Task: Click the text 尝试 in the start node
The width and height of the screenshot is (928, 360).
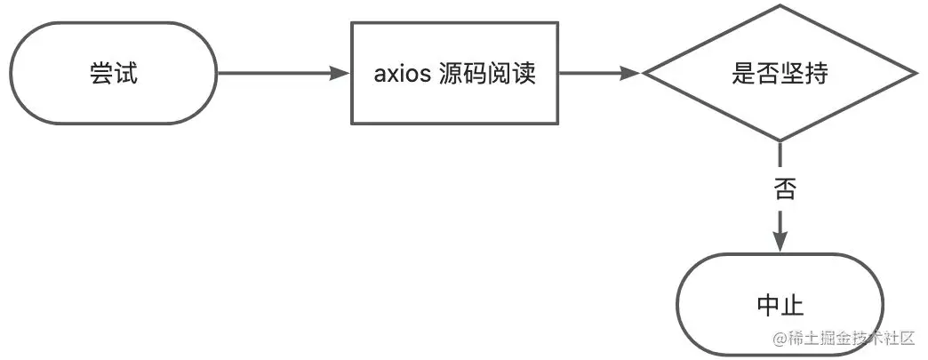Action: [114, 73]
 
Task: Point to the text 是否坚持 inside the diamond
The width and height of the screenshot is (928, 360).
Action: [780, 74]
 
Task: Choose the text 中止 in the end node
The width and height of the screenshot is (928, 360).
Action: [780, 307]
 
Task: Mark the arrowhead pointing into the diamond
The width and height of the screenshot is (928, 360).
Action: [631, 73]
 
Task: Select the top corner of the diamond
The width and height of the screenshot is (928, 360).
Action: [780, 6]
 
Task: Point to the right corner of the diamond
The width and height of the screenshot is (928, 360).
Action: [916, 74]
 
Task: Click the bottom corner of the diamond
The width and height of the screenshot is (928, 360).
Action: [780, 140]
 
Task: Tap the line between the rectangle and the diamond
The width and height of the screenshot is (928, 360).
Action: [591, 73]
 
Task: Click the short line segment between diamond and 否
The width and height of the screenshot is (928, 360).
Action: [780, 156]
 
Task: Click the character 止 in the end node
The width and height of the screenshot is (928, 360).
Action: [792, 307]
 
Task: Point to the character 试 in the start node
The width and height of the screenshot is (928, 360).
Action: [126, 73]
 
